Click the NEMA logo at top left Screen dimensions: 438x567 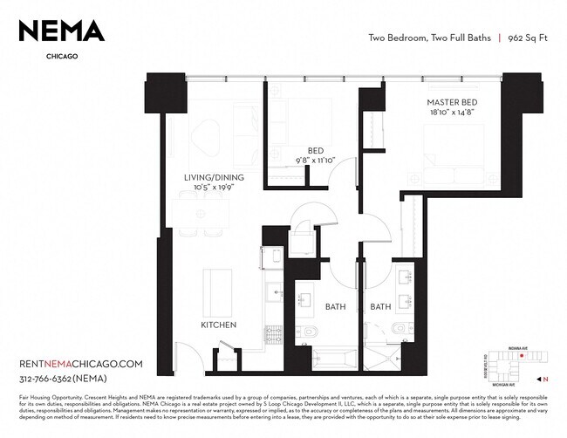click(x=62, y=31)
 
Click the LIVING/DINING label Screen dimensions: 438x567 click(x=213, y=178)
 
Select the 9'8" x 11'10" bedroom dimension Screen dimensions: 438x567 click(x=316, y=161)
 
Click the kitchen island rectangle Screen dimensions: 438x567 click(x=218, y=292)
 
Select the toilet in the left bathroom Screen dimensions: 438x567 click(x=311, y=334)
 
